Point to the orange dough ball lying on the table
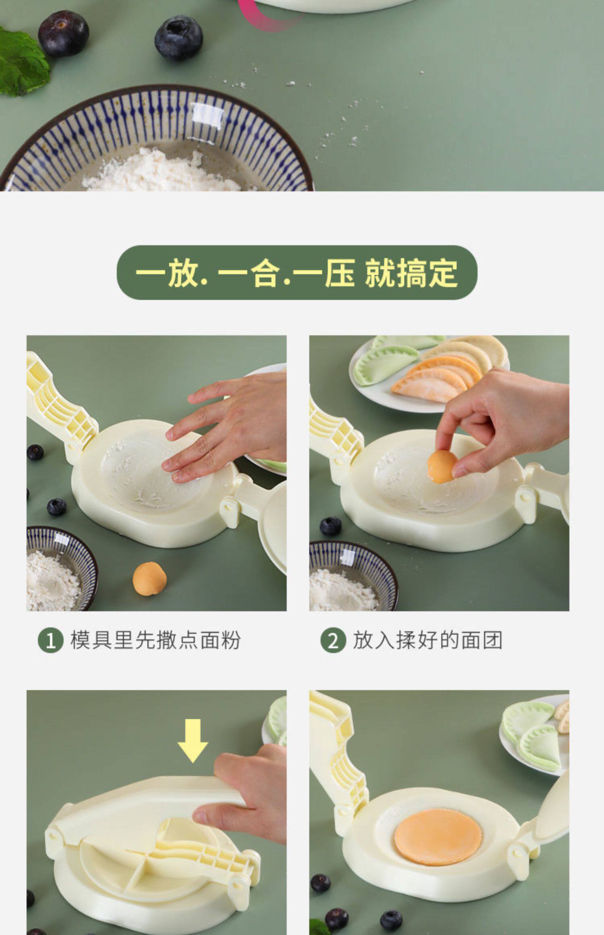tap(149, 579)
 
